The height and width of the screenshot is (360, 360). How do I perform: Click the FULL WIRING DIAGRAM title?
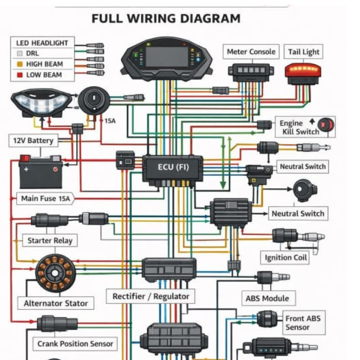click(x=166, y=19)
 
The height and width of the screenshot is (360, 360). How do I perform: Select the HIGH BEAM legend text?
click(x=45, y=64)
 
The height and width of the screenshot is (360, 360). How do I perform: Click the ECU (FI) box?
click(x=173, y=167)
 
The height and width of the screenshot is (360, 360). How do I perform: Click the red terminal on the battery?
click(x=25, y=158)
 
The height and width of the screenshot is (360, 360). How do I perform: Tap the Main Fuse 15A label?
click(x=46, y=199)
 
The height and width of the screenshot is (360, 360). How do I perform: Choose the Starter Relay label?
click(x=50, y=241)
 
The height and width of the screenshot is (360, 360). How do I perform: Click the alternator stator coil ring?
click(x=55, y=273)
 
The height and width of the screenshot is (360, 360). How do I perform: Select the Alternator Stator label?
click(x=56, y=303)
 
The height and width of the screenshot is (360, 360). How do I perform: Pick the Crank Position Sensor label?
click(x=75, y=344)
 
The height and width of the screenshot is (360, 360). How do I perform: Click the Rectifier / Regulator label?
click(x=151, y=296)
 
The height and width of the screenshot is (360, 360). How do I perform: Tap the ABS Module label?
click(x=267, y=298)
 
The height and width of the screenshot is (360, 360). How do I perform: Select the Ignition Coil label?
click(x=286, y=258)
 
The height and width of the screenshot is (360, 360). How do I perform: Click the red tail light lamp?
click(x=302, y=70)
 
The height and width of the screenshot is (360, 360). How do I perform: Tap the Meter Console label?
click(x=251, y=52)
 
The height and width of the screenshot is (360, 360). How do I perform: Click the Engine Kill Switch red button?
click(x=326, y=125)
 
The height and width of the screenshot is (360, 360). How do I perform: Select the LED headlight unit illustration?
click(x=41, y=102)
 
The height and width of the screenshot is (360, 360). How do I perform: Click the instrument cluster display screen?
click(x=167, y=57)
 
